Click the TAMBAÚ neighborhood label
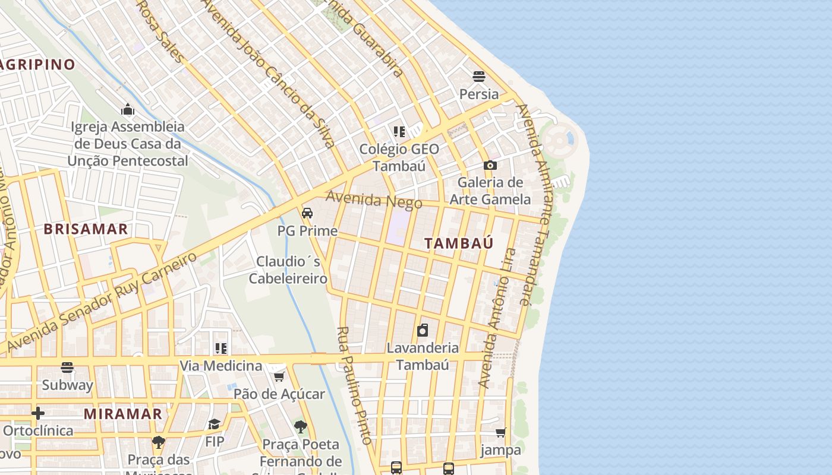[x=459, y=243]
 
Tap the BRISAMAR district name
[x=86, y=229]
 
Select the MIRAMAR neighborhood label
[x=123, y=414]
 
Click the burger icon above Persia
[x=479, y=76]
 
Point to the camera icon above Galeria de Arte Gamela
[x=490, y=165]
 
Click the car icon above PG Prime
[x=307, y=213]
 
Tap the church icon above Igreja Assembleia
[x=128, y=109]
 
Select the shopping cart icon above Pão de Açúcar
[x=279, y=376]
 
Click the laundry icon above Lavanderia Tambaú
[x=423, y=330]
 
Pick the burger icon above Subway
[x=67, y=368]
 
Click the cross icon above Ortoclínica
[x=38, y=413]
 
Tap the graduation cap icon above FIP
[x=214, y=424]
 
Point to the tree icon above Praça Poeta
[x=301, y=426]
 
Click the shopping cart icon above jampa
[x=501, y=432]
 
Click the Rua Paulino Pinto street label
[x=354, y=385]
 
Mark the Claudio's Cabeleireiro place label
[x=288, y=270]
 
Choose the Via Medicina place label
[x=221, y=365]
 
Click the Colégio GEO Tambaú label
[x=399, y=157]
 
